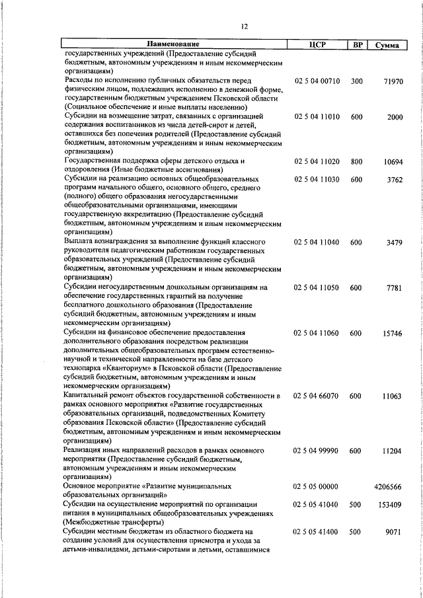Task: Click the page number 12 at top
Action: pos(245,26)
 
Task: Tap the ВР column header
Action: pos(357,44)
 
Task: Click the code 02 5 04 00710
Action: pos(317,81)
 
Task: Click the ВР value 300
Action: pos(357,81)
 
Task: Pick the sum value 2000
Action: pos(395,117)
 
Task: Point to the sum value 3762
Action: pos(395,180)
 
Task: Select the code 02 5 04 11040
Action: pos(317,243)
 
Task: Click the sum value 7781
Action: pos(395,288)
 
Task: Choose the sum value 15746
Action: pos(392,333)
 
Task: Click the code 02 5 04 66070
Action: pos(317,396)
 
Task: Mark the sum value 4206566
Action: pos(388,486)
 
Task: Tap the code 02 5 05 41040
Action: pos(317,504)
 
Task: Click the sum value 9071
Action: pos(395,531)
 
